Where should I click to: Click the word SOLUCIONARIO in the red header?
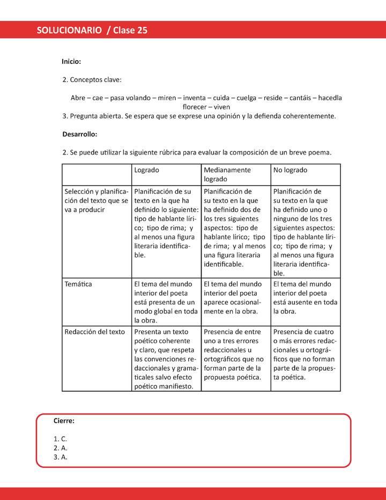(x=69, y=31)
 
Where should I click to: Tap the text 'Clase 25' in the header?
(x=130, y=31)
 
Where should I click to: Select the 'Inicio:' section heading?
(x=71, y=62)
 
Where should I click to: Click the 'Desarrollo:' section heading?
(x=79, y=134)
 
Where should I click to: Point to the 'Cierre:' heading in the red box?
(x=64, y=421)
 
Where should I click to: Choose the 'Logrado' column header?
(x=146, y=170)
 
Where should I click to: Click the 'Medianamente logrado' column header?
(x=227, y=174)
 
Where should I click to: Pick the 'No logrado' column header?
(x=290, y=170)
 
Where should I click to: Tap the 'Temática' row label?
(x=78, y=284)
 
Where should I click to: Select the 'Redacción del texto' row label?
(x=94, y=332)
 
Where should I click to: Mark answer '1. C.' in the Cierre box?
(x=60, y=439)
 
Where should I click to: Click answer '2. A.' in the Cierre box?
(x=60, y=448)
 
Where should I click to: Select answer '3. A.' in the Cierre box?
(x=60, y=457)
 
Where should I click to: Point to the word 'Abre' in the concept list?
(x=78, y=98)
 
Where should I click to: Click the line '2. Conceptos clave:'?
(x=92, y=80)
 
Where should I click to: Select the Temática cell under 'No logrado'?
(x=306, y=297)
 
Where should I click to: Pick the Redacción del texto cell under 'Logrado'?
(x=166, y=358)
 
